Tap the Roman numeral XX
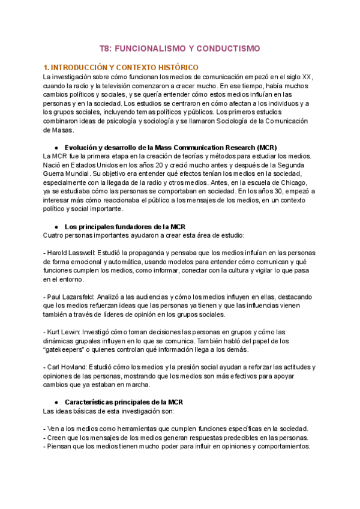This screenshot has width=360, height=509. pyautogui.click(x=307, y=77)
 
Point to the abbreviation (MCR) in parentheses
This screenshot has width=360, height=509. pyautogui.click(x=265, y=148)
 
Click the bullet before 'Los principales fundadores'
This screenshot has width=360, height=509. pyautogui.click(x=56, y=226)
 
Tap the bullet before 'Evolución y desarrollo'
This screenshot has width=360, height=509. pyautogui.click(x=56, y=148)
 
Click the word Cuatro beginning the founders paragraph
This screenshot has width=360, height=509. pyautogui.click(x=55, y=235)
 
